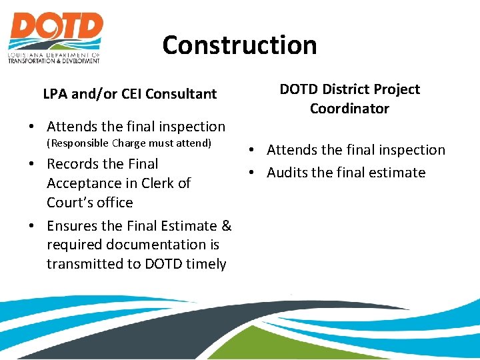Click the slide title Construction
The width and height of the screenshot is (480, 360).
pos(239,45)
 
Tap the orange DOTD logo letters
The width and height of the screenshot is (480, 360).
pos(55,29)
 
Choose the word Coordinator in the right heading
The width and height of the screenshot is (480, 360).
pos(349,109)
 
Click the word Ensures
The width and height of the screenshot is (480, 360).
pos(74,227)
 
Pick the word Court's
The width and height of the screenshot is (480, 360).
pos(69,203)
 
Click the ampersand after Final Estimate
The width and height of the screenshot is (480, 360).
pos(225,227)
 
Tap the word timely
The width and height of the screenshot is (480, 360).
pos(206,264)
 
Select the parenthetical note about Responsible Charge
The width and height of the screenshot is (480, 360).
pos(128,143)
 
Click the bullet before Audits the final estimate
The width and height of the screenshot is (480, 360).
pos(256,173)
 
